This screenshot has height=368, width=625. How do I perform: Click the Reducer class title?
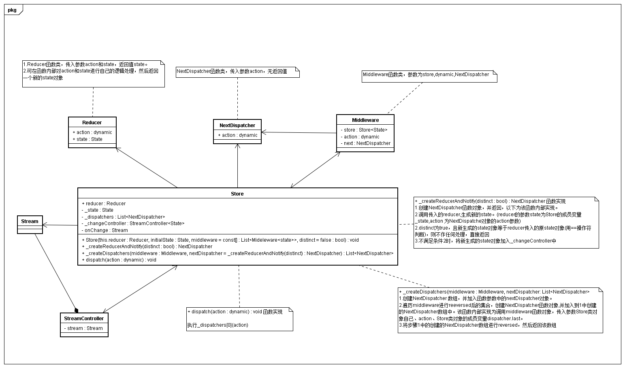pos(92,122)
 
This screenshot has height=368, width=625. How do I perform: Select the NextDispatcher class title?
pos(237,125)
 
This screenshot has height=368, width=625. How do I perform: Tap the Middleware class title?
pos(365,120)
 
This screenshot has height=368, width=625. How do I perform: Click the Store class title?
pos(237,194)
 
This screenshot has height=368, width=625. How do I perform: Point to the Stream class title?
pos(30,221)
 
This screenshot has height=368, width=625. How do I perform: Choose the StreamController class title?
pos(84,318)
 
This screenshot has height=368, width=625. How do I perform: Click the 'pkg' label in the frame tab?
pos(12,10)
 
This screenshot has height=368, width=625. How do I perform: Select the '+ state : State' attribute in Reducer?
pos(87,139)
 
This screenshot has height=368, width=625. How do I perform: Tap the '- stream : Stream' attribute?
pos(84,328)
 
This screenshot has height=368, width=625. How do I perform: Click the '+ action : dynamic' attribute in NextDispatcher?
pos(238,135)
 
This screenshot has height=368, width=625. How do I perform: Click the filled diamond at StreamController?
pos(76,309)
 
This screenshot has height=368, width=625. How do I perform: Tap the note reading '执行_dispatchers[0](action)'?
pos(218,325)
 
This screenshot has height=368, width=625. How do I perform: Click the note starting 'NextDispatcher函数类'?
pos(237,72)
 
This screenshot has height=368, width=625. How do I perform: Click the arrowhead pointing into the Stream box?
pos(45,225)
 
